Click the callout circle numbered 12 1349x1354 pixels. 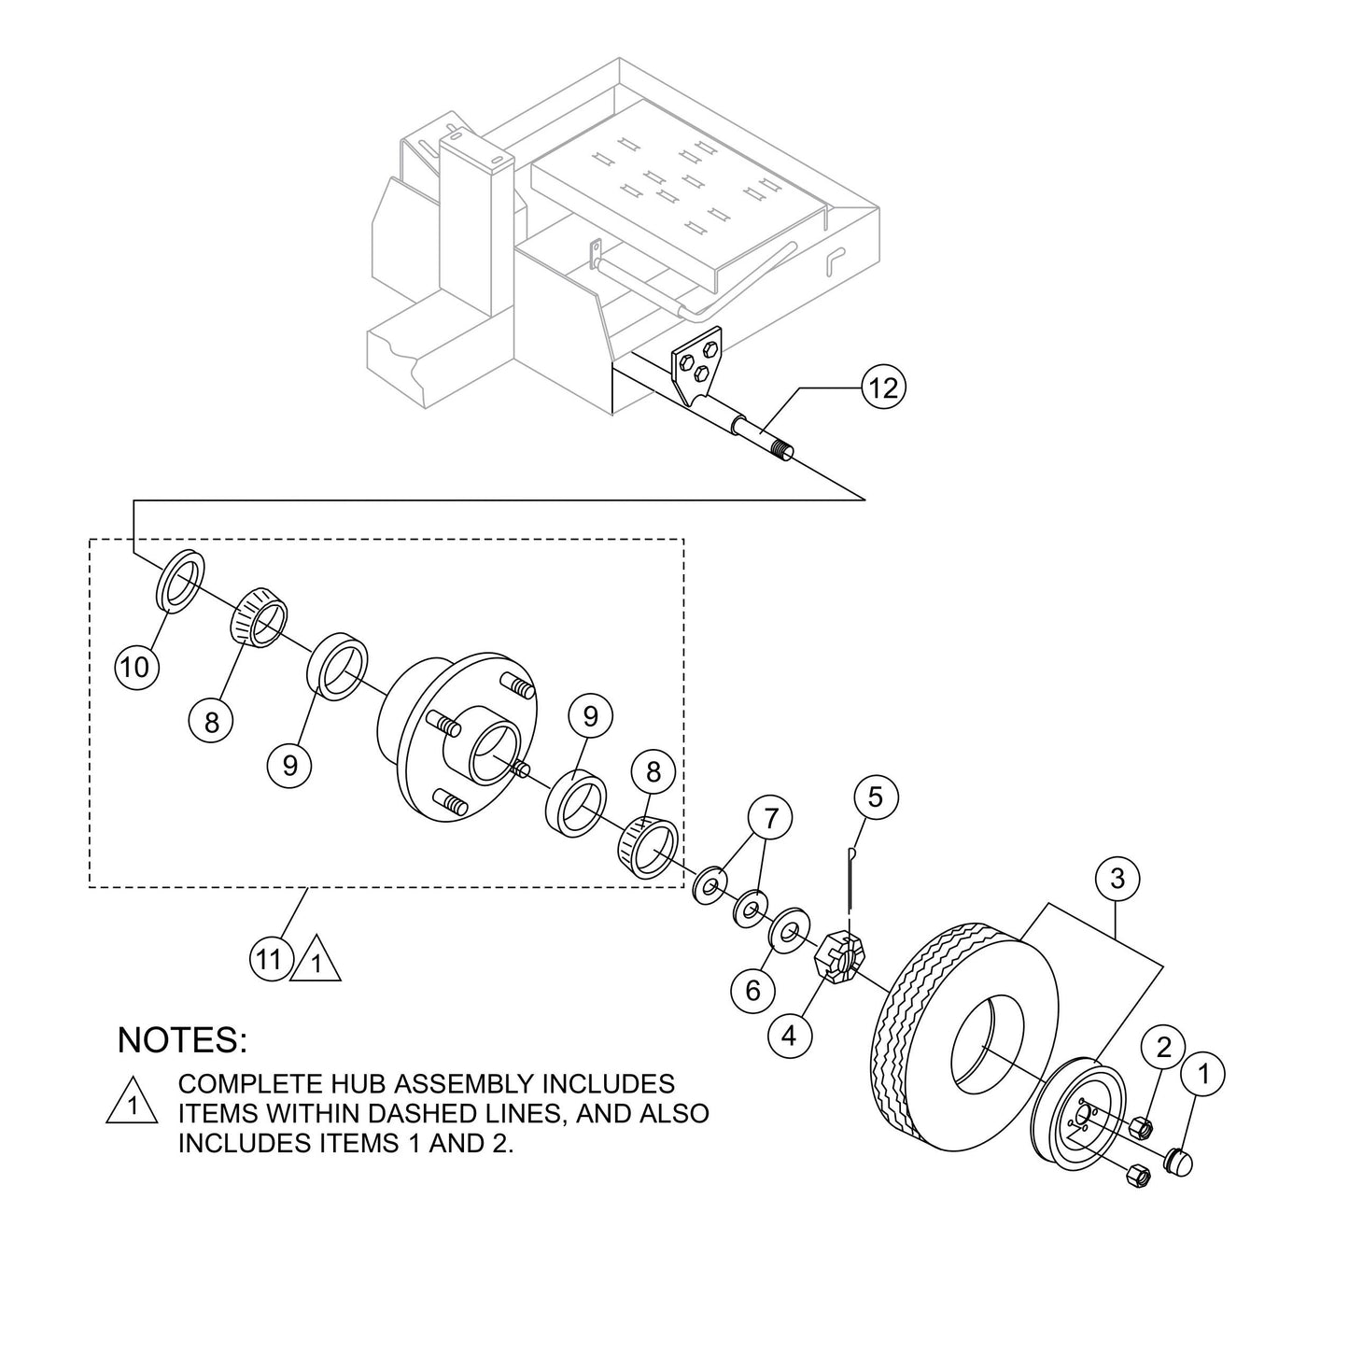(x=882, y=386)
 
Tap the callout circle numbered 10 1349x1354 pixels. (x=135, y=667)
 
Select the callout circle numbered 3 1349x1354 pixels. (x=1117, y=878)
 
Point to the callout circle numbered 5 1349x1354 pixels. (x=875, y=797)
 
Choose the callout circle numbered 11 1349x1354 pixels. (x=269, y=959)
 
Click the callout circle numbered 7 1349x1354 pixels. (x=770, y=819)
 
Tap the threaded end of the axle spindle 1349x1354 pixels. (x=778, y=449)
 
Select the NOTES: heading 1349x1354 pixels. (x=183, y=1039)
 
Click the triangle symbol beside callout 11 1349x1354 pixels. (x=316, y=962)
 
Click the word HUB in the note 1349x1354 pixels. (x=351, y=1084)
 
